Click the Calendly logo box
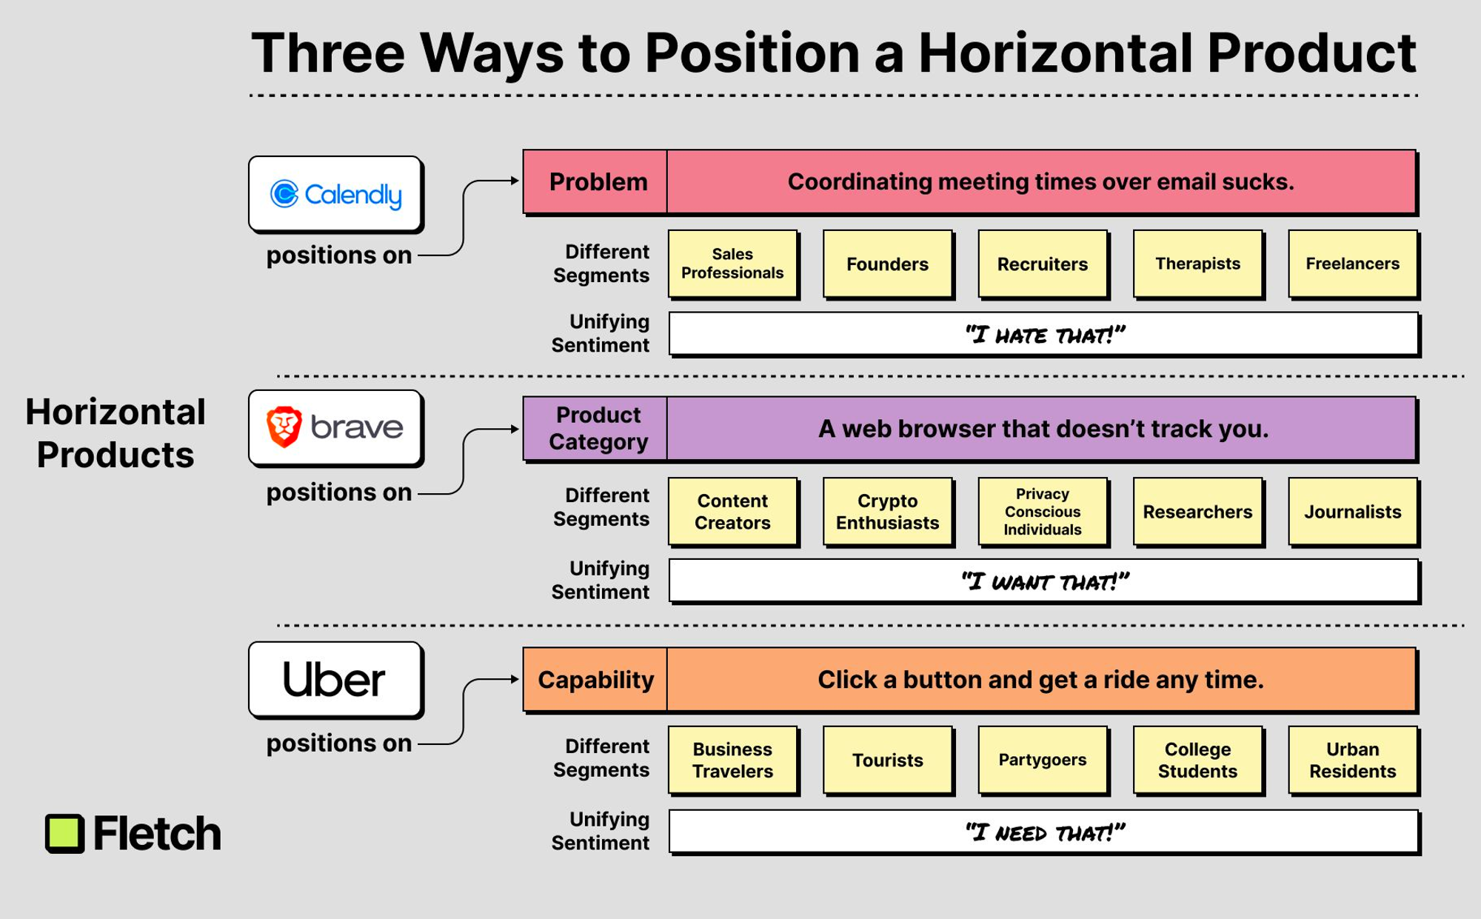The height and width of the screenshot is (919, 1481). [x=335, y=194]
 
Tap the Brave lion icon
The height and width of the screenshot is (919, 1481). [x=284, y=427]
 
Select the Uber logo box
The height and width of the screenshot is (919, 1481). [x=335, y=680]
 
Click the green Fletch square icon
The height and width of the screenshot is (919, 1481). [x=65, y=834]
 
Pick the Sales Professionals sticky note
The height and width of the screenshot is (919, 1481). [x=733, y=264]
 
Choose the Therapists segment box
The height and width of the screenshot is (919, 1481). [x=1198, y=264]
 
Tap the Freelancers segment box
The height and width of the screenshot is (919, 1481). [x=1353, y=264]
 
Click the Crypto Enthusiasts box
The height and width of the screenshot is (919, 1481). [x=888, y=512]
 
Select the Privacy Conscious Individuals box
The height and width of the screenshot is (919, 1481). [x=1043, y=512]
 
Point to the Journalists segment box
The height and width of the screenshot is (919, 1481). [x=1353, y=512]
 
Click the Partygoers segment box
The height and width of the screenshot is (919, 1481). [x=1043, y=761]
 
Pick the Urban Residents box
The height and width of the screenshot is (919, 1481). [x=1353, y=761]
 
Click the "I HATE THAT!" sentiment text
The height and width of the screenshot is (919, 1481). [x=1045, y=335]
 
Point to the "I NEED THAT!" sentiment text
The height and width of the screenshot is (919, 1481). [x=1045, y=833]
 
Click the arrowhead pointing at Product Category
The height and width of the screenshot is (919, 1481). [x=515, y=429]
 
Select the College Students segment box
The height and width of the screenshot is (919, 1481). [x=1198, y=761]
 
